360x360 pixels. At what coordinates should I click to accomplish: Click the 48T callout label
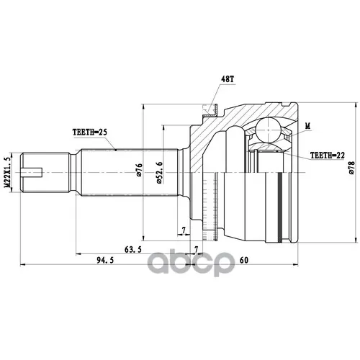[x=227, y=79]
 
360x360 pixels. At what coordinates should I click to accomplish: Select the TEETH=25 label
[x=90, y=132]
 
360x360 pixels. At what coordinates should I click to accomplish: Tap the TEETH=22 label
[x=328, y=156]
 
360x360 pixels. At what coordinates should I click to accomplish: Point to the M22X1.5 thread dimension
[x=8, y=172]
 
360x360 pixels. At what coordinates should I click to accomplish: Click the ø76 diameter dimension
[x=139, y=170]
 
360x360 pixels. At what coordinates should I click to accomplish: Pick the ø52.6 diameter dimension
[x=160, y=173]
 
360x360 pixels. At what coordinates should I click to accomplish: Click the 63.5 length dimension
[x=133, y=250]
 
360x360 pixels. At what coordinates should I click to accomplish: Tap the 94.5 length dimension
[x=105, y=260]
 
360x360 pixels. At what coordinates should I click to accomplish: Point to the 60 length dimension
[x=244, y=260]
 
